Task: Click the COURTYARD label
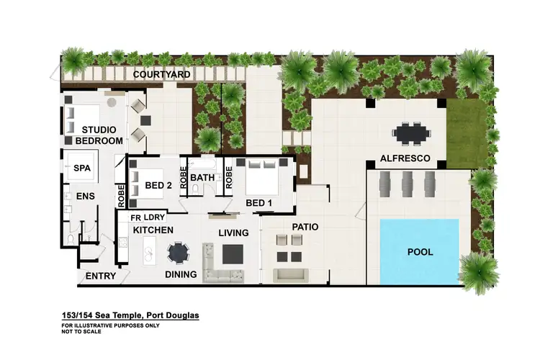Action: click(x=161, y=74)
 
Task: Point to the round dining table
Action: click(x=178, y=253)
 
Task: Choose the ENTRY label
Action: click(x=101, y=276)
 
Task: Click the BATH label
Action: click(x=202, y=177)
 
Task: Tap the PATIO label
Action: click(x=305, y=227)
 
